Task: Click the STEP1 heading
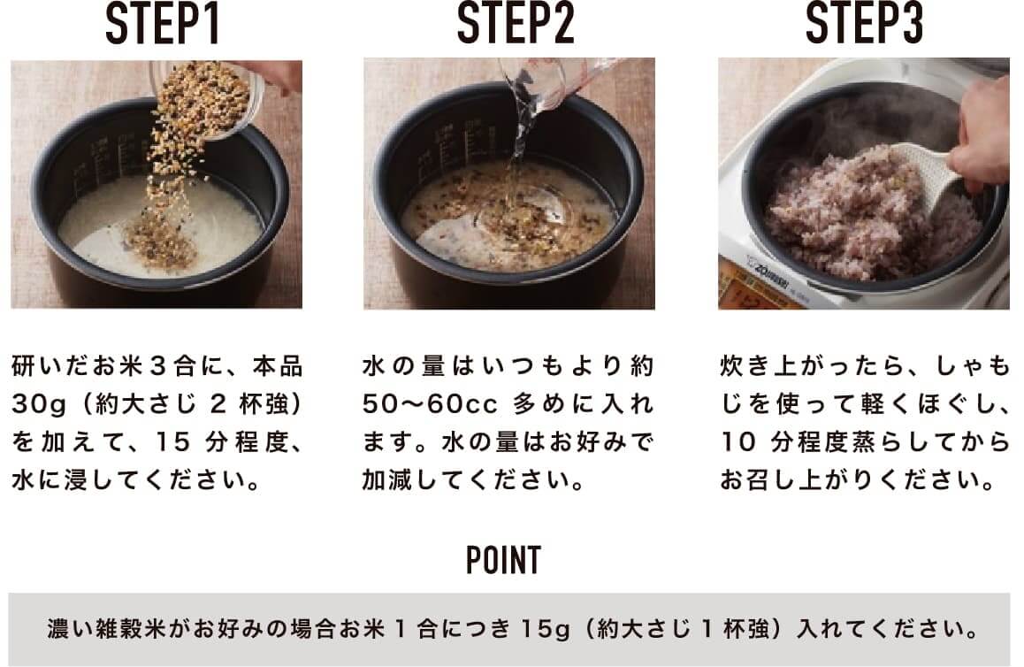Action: tap(163, 24)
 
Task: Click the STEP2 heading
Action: tap(515, 24)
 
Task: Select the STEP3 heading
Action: tap(865, 24)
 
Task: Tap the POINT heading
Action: tap(503, 560)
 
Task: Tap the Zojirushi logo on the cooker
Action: tap(770, 268)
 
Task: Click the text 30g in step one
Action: tap(39, 405)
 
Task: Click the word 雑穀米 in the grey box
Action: tap(126, 629)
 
